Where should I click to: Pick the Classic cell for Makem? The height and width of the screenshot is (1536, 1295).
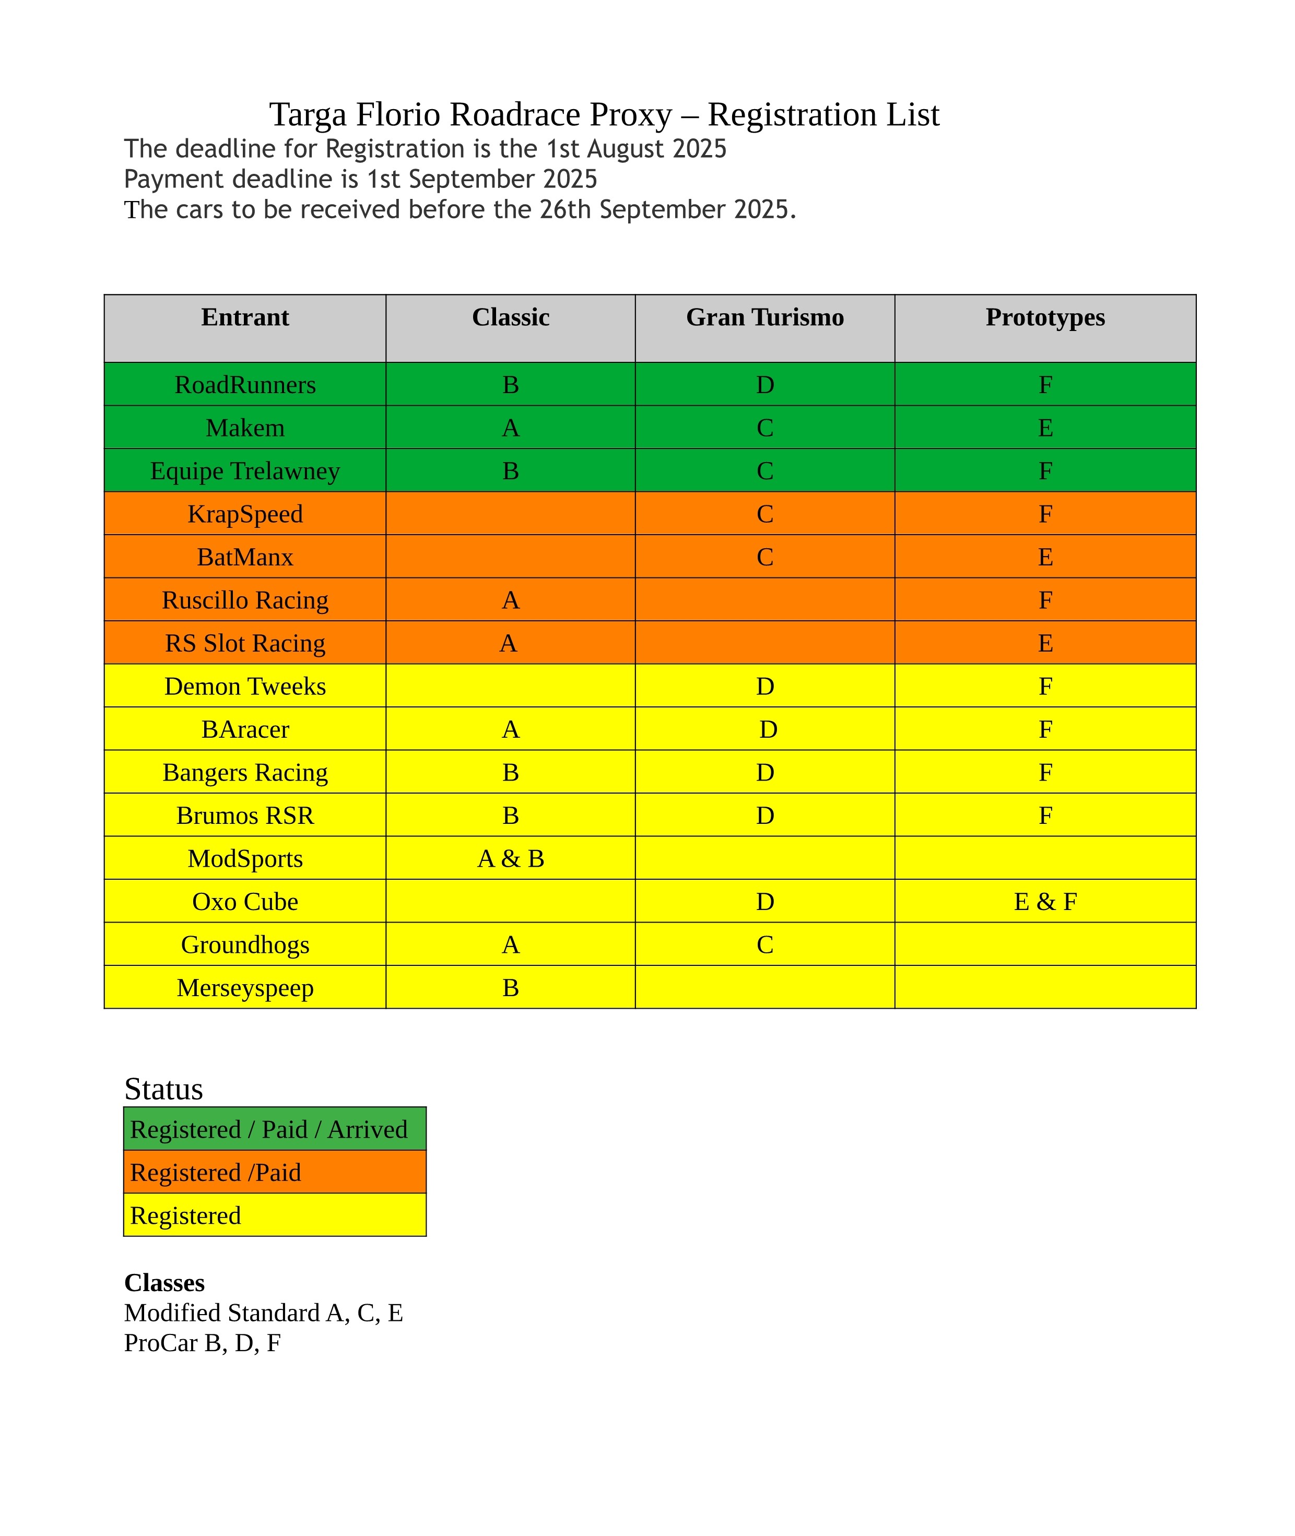pos(510,428)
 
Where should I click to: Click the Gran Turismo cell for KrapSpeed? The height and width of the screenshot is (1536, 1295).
pos(764,514)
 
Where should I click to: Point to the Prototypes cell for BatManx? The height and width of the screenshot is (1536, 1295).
pos(1045,557)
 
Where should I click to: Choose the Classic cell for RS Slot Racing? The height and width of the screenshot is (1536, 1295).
pos(508,643)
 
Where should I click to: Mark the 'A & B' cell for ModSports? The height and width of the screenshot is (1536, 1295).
pos(510,859)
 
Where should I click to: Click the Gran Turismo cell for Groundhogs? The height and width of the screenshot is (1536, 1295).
pos(764,944)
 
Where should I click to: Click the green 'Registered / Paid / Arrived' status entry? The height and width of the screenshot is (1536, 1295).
pos(269,1129)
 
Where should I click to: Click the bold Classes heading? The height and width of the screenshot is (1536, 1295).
pos(164,1282)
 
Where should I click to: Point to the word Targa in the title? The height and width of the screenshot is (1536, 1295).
pos(308,115)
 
